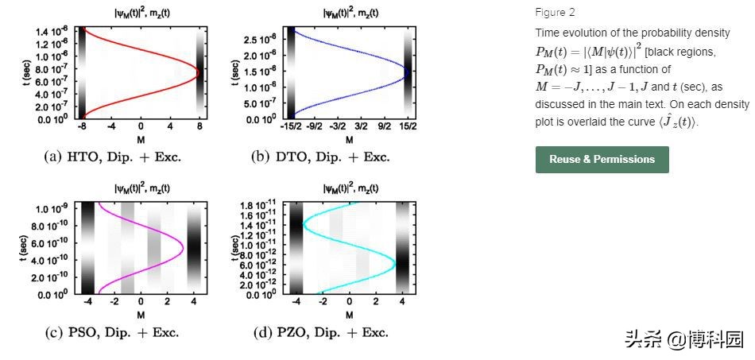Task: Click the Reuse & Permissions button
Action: click(602, 159)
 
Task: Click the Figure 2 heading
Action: click(555, 13)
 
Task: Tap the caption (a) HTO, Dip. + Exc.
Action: click(112, 157)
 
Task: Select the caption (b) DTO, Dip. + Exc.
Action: click(320, 157)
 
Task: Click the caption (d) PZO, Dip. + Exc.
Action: click(320, 332)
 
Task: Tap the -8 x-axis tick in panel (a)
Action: click(81, 127)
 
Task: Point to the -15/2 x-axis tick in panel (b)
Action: click(291, 127)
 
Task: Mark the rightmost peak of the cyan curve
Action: click(394, 260)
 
